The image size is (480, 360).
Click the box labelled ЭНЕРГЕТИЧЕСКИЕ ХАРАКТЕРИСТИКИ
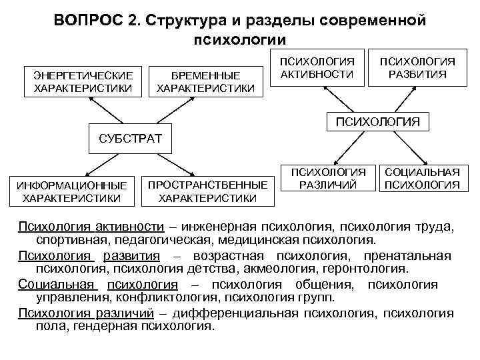tap(83, 81)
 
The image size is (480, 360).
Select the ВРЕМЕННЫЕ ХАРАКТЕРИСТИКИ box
tap(205, 81)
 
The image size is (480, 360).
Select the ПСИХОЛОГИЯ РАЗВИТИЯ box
tap(417, 67)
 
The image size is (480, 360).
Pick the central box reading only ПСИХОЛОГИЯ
tap(377, 121)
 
